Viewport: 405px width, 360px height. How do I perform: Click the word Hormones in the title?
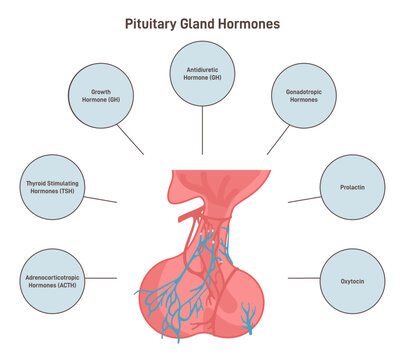[x=251, y=23]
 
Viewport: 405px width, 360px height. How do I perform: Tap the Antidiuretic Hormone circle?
[x=203, y=73]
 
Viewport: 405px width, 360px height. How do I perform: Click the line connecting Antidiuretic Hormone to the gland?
[x=203, y=130]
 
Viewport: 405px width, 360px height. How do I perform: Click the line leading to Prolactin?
[x=303, y=199]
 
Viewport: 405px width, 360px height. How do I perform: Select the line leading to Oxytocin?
[x=303, y=278]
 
